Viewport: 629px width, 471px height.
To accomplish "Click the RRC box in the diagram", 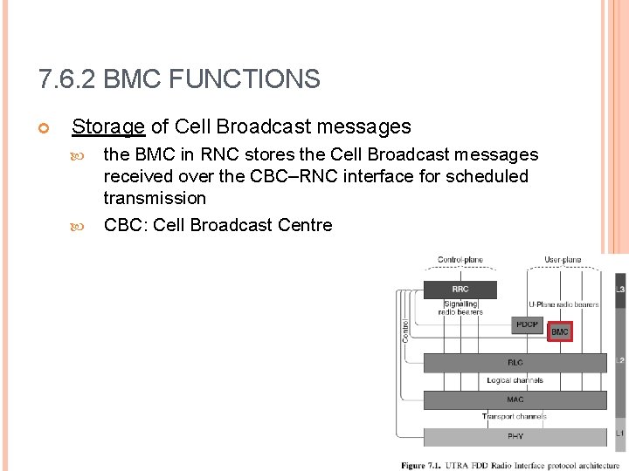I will [460, 290].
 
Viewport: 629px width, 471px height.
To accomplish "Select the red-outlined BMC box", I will [559, 331].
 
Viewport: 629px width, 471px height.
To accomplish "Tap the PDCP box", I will [526, 324].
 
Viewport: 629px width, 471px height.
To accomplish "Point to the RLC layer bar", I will [515, 362].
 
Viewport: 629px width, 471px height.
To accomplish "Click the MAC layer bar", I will [515, 399].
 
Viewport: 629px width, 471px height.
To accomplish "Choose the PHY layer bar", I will [515, 436].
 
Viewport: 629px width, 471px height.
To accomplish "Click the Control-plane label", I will [460, 260].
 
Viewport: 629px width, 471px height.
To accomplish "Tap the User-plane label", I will [563, 260].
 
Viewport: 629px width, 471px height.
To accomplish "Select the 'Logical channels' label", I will [515, 380].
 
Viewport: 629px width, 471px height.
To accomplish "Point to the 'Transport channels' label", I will [515, 417].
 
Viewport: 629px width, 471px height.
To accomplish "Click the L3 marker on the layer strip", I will [620, 290].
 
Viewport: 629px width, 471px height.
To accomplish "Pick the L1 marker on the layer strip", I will [620, 433].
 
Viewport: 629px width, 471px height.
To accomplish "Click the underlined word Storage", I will [108, 126].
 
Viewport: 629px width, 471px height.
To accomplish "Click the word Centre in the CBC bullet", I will [305, 225].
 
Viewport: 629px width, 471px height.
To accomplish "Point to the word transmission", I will [155, 198].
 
